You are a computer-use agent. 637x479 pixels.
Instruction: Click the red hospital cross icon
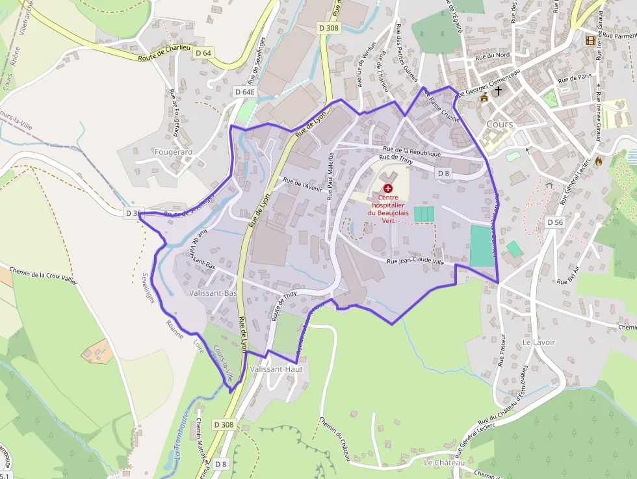tap(388, 188)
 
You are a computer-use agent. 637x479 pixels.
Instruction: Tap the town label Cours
tap(499, 124)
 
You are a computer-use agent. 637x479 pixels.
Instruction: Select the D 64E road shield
tap(245, 92)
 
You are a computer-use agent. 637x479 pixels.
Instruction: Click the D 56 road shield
tap(554, 222)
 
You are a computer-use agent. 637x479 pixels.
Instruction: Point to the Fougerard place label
tap(174, 151)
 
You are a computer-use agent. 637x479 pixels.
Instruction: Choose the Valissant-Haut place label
tap(276, 369)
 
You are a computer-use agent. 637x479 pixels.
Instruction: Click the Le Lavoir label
tap(539, 342)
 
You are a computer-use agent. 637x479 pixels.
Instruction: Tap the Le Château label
tap(445, 463)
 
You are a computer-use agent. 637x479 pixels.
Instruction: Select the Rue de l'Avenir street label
tap(303, 185)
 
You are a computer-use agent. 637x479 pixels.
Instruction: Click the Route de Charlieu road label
tap(164, 57)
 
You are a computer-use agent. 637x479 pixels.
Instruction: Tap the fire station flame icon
tap(598, 160)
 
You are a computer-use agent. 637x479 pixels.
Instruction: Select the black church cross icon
tap(499, 91)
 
